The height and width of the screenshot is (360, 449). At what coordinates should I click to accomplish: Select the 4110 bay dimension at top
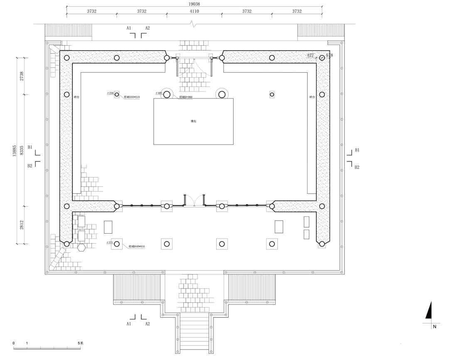pos(194,11)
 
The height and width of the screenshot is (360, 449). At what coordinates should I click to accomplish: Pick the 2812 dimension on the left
pos(22,225)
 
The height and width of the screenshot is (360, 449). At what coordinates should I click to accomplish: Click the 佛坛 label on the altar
pos(193,121)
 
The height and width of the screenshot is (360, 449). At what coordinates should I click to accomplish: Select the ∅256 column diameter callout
pos(110,94)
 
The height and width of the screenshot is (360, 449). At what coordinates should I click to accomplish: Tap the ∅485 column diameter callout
pos(159,94)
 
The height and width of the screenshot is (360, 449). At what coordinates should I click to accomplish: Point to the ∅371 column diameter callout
pos(110,242)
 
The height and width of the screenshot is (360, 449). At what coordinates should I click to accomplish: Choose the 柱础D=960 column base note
pos(185,97)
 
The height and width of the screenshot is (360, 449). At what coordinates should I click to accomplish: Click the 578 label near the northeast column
pos(329,55)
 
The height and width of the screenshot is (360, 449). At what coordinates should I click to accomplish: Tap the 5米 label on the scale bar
pos(80,343)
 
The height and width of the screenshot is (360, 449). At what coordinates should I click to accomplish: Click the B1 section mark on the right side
pos(357,150)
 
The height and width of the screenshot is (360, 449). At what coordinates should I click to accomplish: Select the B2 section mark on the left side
pos(30,166)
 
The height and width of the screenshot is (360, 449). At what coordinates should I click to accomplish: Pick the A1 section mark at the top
pos(129,28)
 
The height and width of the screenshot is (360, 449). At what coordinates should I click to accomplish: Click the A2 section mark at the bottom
pos(147,323)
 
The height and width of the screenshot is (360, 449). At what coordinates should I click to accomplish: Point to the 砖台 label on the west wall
pos(76,97)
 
